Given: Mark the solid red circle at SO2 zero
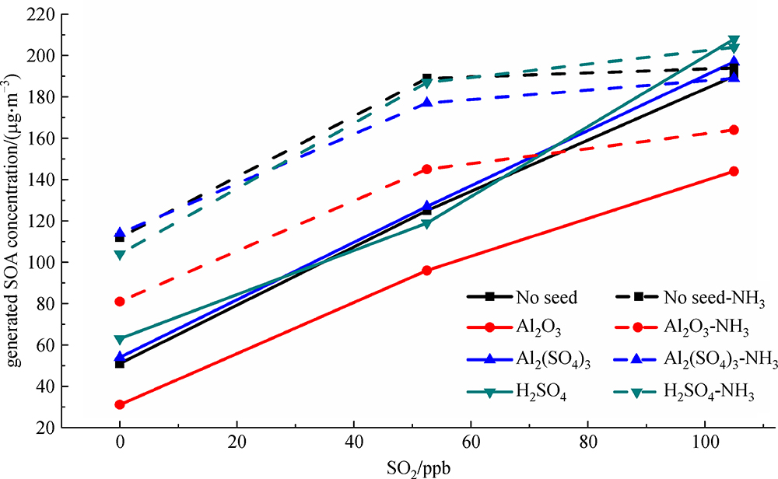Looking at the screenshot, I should click(x=120, y=404).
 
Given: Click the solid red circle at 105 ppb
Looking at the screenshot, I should click(x=734, y=171).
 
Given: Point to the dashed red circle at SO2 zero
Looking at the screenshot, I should click(x=120, y=301).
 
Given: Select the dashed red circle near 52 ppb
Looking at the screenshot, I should click(x=427, y=169).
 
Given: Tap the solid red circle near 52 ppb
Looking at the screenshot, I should click(x=427, y=270).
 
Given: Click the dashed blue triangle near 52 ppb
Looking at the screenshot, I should click(x=427, y=102).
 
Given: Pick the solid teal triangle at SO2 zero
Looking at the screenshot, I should click(x=120, y=339).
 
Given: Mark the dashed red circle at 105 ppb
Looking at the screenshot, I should click(x=734, y=130).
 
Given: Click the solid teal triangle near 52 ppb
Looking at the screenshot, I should click(x=427, y=224).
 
